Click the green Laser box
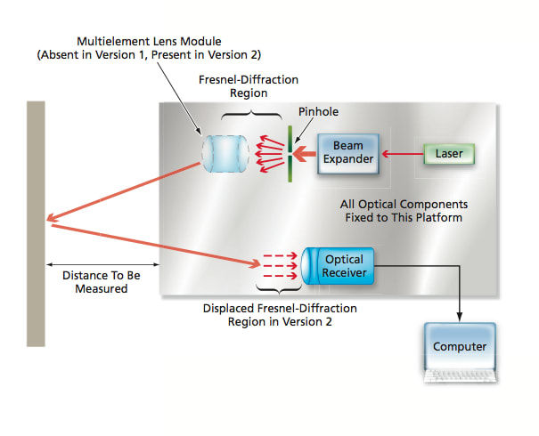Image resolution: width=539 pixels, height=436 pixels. [x=449, y=154]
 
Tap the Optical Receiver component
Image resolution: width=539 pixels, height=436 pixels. [x=343, y=265]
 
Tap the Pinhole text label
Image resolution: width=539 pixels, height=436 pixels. [x=318, y=112]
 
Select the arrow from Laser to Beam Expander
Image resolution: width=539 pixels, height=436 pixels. [x=401, y=154]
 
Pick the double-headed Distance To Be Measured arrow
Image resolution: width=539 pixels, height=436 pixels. [x=102, y=263]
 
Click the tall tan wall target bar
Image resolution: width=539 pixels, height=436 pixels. [x=36, y=222]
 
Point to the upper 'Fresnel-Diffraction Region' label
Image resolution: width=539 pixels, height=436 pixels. [x=236, y=85]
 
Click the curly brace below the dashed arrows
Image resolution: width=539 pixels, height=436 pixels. [x=280, y=289]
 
